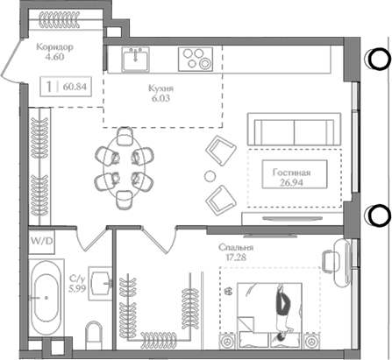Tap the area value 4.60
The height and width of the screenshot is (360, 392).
[55, 60]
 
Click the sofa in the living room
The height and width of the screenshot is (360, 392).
[284, 129]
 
